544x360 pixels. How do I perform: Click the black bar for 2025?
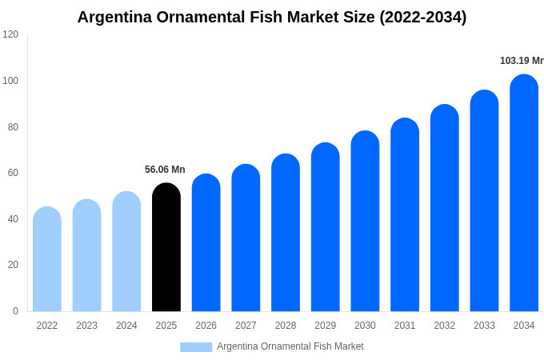(166, 247)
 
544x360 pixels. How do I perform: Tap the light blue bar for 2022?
(47, 259)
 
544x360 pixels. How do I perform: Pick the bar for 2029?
(326, 227)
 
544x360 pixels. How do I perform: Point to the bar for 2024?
(126, 251)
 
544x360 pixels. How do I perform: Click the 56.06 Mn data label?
(165, 170)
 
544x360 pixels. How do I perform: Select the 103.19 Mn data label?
(522, 61)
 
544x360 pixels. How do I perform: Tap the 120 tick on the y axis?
(10, 34)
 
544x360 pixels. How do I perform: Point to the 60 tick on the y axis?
(13, 173)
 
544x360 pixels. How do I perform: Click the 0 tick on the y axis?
(15, 311)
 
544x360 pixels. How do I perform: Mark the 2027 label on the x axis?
(246, 326)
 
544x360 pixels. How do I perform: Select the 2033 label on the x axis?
(484, 326)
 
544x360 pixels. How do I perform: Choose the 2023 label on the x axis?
(86, 326)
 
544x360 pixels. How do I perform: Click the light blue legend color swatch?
(196, 347)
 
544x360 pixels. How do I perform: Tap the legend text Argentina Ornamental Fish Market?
(290, 346)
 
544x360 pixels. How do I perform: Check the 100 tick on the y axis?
(10, 81)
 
